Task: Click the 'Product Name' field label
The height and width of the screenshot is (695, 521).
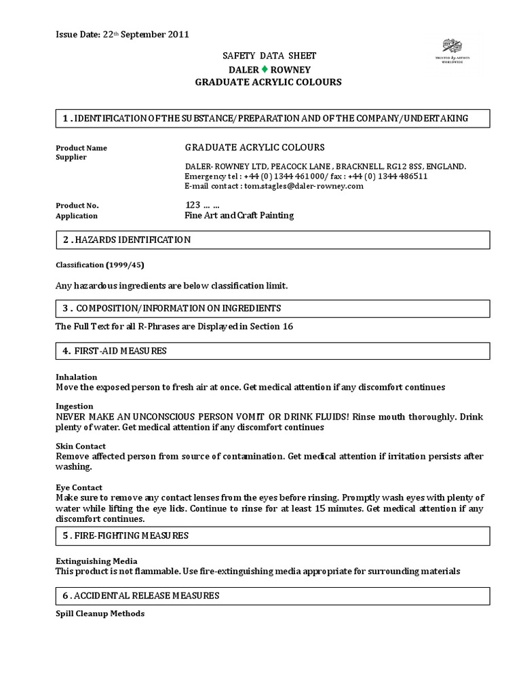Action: tap(81, 148)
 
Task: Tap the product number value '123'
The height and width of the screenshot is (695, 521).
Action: tap(193, 204)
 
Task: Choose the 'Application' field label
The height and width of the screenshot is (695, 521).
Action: tap(76, 216)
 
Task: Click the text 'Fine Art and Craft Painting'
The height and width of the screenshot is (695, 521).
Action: tap(239, 215)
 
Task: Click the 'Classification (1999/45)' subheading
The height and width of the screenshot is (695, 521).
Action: tap(99, 265)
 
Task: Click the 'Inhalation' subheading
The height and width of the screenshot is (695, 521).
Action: tap(76, 377)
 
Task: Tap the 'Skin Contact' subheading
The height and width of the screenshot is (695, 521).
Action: tap(80, 446)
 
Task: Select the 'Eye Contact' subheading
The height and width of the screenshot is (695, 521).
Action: tap(79, 487)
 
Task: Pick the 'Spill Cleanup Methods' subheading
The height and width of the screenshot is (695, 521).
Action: tap(100, 614)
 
